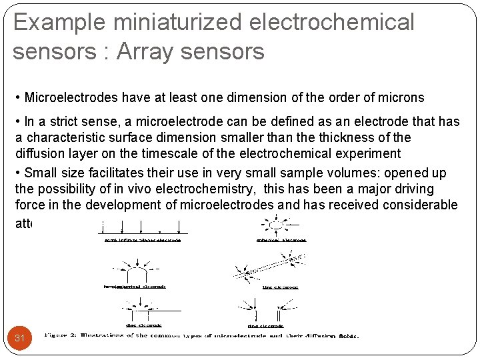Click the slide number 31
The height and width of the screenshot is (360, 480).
pyautogui.click(x=20, y=338)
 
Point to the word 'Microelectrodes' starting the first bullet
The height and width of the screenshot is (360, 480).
pyautogui.click(x=71, y=98)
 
